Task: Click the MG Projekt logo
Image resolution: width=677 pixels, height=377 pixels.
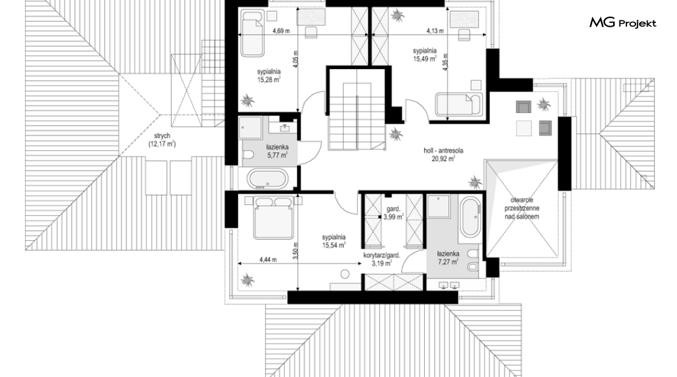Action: click(x=623, y=22)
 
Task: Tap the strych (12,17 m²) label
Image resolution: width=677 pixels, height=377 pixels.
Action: click(x=162, y=140)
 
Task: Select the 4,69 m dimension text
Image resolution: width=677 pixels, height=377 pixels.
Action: click(x=281, y=31)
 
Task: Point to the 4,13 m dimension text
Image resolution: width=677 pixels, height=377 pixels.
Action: click(x=435, y=31)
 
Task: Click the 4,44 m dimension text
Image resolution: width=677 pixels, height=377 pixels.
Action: click(x=268, y=259)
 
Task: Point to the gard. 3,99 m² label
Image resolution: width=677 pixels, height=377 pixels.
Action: click(x=393, y=213)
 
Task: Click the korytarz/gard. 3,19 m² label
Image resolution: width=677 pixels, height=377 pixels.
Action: click(x=382, y=259)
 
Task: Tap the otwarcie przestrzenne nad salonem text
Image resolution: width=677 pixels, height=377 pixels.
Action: click(x=522, y=208)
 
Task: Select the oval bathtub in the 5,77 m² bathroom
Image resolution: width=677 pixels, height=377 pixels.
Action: click(x=266, y=179)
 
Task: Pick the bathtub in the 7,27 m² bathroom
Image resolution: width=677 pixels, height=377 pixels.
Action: click(x=470, y=217)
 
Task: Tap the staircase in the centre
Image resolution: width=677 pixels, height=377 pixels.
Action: click(x=356, y=116)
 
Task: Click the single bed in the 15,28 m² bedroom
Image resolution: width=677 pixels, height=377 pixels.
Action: click(x=252, y=34)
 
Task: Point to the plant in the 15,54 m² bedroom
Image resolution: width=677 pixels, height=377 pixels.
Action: click(x=247, y=280)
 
